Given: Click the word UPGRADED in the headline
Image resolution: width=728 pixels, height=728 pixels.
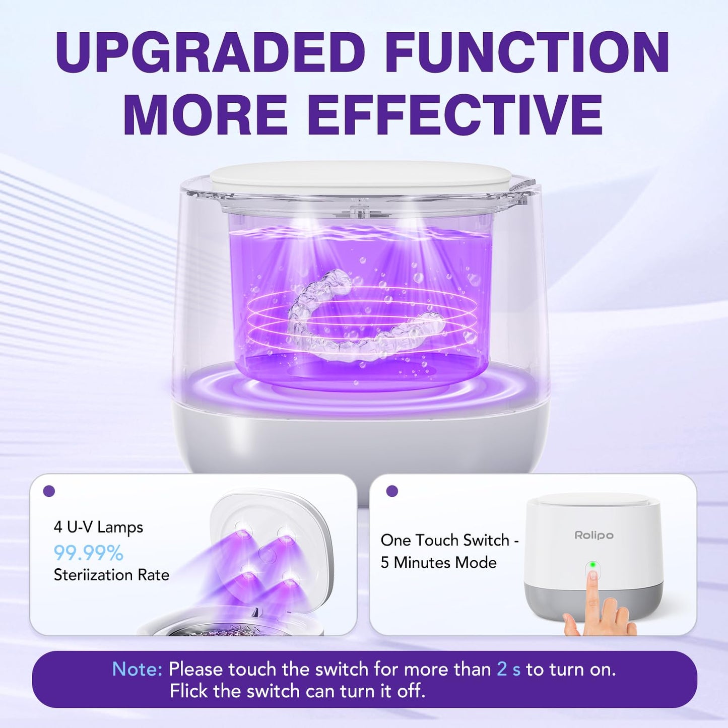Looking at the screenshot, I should point(211,52).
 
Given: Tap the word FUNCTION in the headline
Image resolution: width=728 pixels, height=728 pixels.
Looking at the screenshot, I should point(529,52).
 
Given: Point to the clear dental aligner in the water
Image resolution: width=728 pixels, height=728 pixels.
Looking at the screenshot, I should point(363,322).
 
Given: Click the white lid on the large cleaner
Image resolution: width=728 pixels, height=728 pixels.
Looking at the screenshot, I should point(360,176).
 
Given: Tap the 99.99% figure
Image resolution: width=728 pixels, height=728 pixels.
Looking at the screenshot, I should point(89,553).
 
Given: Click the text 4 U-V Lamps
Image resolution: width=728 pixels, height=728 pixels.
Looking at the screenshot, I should point(98,527).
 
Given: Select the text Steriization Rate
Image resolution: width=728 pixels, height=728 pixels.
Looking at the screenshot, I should point(111,575).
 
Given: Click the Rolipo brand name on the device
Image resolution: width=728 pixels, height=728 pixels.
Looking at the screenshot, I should point(594,535).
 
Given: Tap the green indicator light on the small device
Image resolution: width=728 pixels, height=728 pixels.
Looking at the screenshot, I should point(593,565).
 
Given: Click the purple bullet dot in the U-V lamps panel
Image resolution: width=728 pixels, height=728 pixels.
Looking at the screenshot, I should point(49,491).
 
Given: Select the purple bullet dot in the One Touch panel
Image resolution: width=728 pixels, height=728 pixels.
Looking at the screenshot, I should point(392,491).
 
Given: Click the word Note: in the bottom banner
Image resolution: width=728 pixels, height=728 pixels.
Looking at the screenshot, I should point(137,669).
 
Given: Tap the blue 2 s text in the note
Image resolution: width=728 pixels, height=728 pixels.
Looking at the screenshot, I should point(508,669).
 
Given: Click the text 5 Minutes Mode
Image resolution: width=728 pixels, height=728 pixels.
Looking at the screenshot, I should point(438,562).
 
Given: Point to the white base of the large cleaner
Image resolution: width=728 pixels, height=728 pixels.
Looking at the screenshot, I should point(360,443).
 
